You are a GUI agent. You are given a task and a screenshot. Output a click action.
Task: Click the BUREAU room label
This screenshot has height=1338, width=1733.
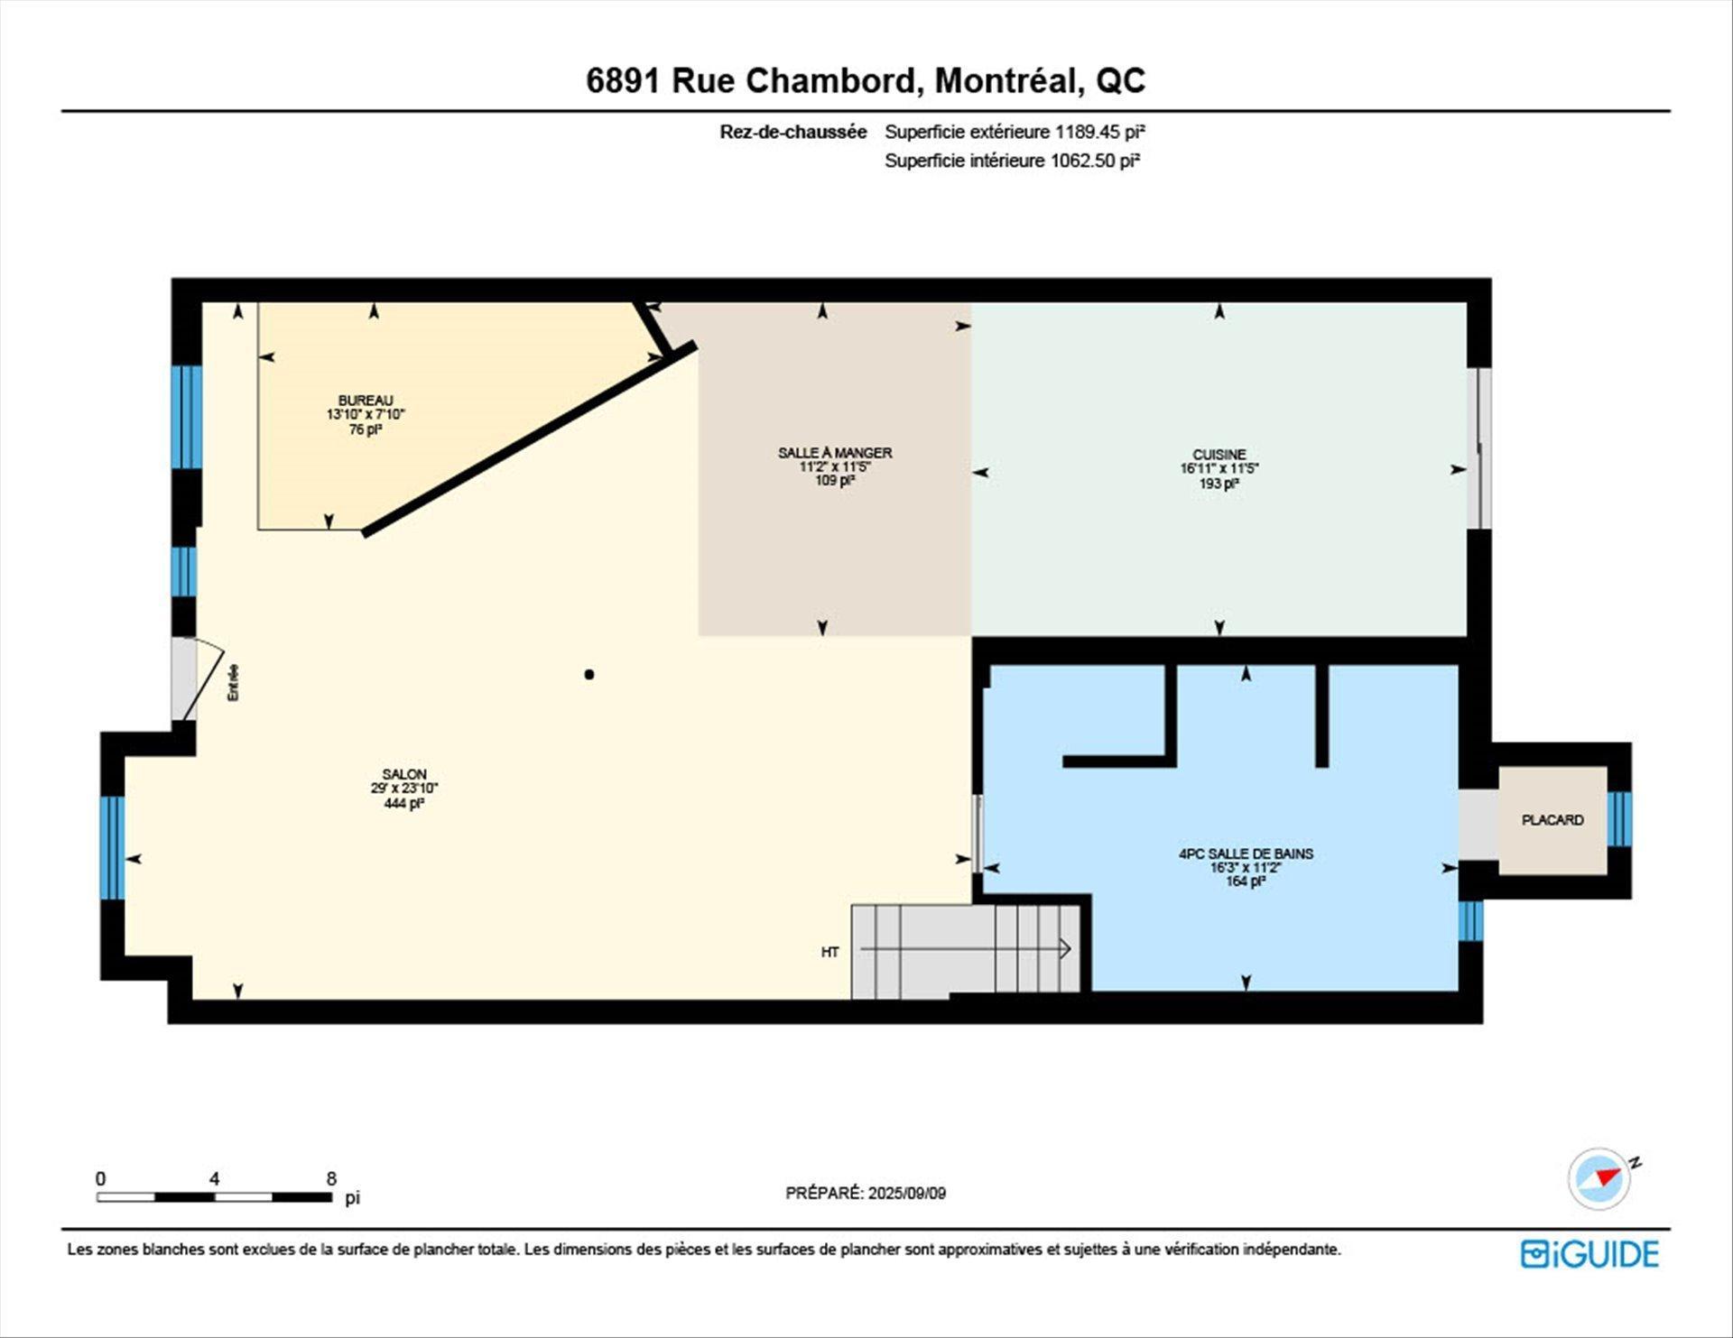pyautogui.click(x=366, y=401)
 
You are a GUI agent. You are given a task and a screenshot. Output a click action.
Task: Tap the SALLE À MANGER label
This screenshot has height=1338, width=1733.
pyautogui.click(x=835, y=453)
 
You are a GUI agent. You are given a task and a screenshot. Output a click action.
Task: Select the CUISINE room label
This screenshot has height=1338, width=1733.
pyautogui.click(x=1219, y=455)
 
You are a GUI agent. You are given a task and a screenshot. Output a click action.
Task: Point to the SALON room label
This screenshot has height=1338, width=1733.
pyautogui.click(x=403, y=774)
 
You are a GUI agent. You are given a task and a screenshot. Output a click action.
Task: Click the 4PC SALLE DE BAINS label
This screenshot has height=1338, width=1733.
pyautogui.click(x=1246, y=854)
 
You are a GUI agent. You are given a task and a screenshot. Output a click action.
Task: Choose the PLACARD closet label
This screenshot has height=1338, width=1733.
pyautogui.click(x=1552, y=820)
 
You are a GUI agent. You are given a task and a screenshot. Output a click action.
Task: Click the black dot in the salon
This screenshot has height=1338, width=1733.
pyautogui.click(x=589, y=674)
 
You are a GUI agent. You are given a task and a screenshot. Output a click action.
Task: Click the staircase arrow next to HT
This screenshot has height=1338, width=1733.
pyautogui.click(x=966, y=949)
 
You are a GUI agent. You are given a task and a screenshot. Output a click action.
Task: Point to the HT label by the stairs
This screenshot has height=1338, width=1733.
pyautogui.click(x=830, y=952)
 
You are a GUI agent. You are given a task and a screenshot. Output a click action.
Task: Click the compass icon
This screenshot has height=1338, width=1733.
pyautogui.click(x=1600, y=1178)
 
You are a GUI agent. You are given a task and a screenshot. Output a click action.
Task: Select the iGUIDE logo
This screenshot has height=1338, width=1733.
pyautogui.click(x=1589, y=1254)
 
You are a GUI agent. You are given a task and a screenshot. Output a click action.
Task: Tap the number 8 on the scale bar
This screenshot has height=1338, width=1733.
pyautogui.click(x=331, y=1178)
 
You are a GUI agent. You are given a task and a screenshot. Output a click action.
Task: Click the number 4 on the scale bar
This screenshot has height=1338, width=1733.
pyautogui.click(x=214, y=1178)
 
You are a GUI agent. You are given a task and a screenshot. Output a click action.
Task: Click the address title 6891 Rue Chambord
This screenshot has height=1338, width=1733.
pyautogui.click(x=866, y=80)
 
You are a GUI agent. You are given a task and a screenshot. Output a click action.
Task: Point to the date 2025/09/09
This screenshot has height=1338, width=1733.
pyautogui.click(x=906, y=1193)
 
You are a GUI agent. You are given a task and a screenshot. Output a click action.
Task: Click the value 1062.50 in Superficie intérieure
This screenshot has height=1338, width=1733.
pyautogui.click(x=1081, y=161)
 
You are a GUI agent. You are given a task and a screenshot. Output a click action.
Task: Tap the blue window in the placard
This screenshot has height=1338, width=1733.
pyautogui.click(x=1619, y=819)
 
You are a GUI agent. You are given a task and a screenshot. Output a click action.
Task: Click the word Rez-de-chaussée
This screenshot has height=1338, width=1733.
pyautogui.click(x=792, y=132)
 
